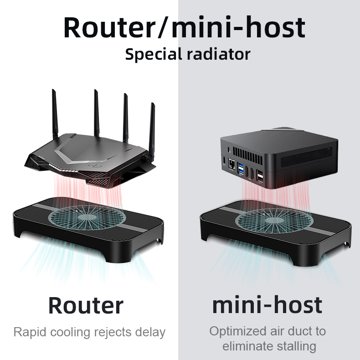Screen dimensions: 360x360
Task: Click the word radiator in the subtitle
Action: click(x=219, y=54)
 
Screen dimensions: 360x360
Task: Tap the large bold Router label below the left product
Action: click(x=86, y=305)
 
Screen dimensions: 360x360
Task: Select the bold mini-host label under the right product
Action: click(x=267, y=305)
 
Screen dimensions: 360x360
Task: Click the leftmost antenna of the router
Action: click(x=55, y=114)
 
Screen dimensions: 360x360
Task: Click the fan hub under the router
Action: click(x=87, y=217)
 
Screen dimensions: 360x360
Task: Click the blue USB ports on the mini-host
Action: click(x=241, y=169)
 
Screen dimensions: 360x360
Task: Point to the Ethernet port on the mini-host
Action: click(x=231, y=164)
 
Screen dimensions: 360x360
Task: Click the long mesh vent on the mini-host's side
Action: click(x=306, y=157)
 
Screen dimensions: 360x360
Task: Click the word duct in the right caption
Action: click(x=298, y=332)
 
